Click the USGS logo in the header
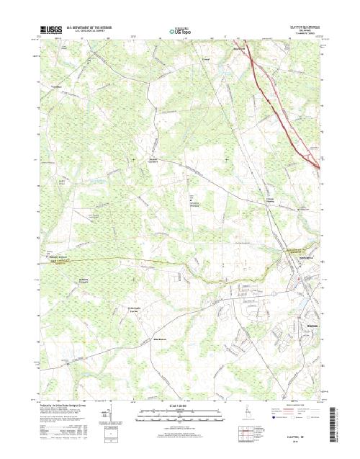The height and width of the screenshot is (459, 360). (x=51, y=31)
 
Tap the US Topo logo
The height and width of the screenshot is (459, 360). (x=179, y=32)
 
